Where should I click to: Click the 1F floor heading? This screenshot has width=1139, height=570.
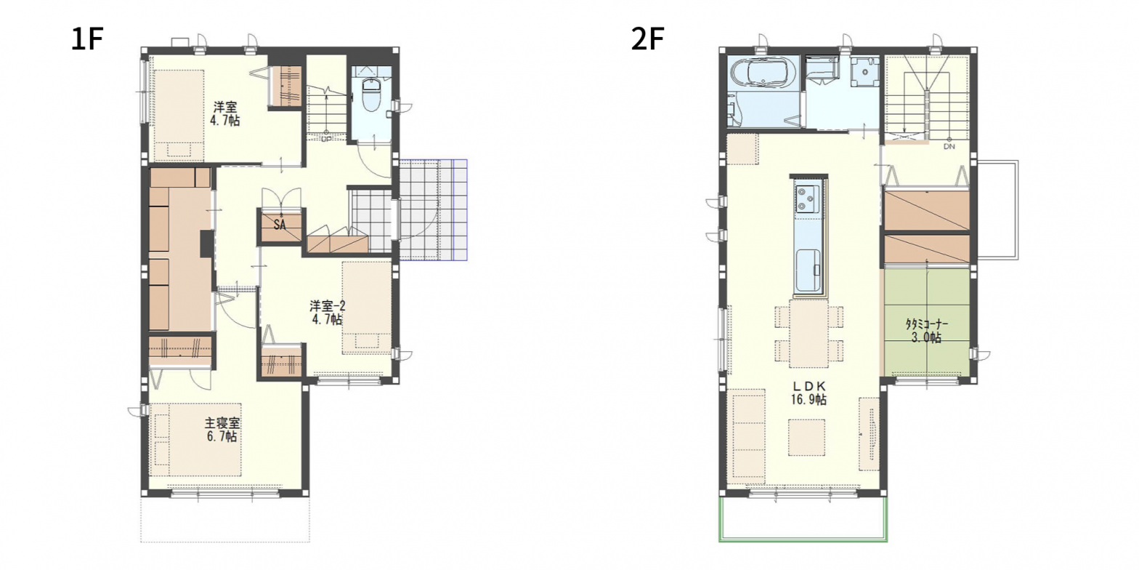pyautogui.click(x=88, y=39)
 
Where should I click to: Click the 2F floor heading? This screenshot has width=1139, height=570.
pyautogui.click(x=647, y=39)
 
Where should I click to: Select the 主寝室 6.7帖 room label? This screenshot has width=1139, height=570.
pyautogui.click(x=222, y=430)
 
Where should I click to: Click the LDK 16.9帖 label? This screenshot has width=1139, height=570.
pyautogui.click(x=808, y=393)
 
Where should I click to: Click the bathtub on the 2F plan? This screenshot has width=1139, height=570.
pyautogui.click(x=763, y=74)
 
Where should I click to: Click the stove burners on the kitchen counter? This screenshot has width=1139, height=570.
pyautogui.click(x=808, y=199)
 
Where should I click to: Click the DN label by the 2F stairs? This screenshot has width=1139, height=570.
pyautogui.click(x=949, y=146)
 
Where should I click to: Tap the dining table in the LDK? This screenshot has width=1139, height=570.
pyautogui.click(x=808, y=332)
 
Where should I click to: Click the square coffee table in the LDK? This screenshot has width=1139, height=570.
pyautogui.click(x=806, y=437)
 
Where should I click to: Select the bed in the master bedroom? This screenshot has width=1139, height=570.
pyautogui.click(x=195, y=440)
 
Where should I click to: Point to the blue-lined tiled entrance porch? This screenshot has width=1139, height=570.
pyautogui.click(x=433, y=209)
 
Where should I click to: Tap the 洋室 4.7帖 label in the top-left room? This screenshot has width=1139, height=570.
pyautogui.click(x=224, y=114)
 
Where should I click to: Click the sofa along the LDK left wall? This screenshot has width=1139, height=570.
pyautogui.click(x=748, y=436)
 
